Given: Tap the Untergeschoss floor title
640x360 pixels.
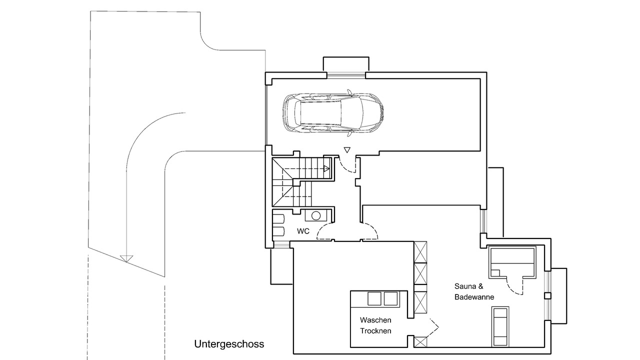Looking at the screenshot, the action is click(x=229, y=344).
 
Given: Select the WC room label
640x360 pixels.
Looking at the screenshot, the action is click(x=303, y=231).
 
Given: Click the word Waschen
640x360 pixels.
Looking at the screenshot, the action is click(x=375, y=320).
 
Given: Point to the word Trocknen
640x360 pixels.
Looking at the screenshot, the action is click(x=375, y=331).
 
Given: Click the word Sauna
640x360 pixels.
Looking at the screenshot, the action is click(x=465, y=286).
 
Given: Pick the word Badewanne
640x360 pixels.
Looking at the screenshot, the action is click(x=474, y=297).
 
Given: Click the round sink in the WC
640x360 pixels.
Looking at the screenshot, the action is click(x=315, y=215).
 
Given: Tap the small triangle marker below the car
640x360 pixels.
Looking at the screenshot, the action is click(x=347, y=149).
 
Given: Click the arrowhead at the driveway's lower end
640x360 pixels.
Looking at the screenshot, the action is click(x=126, y=258).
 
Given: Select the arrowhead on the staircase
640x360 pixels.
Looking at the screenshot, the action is click(x=327, y=168).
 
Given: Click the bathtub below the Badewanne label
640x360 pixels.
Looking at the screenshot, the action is click(x=500, y=327).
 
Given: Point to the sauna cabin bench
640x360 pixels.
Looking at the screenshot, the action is click(x=512, y=261).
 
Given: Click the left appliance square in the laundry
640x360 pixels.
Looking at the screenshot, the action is click(x=374, y=298).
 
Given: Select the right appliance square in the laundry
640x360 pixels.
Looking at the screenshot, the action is click(x=390, y=298).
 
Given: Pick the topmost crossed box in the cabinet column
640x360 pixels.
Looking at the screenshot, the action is click(x=420, y=251).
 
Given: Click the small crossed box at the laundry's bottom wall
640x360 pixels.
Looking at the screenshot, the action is click(x=420, y=342).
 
